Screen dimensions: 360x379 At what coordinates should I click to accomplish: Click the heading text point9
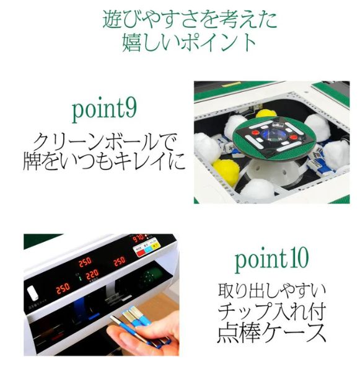pyautogui.click(x=104, y=110)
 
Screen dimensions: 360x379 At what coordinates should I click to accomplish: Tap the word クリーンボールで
pyautogui.click(x=104, y=141)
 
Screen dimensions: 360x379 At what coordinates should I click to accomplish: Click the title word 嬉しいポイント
pyautogui.click(x=189, y=42)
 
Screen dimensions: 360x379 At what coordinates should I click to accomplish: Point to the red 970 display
pyautogui.click(x=138, y=239)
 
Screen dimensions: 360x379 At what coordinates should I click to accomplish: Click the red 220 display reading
pyautogui.click(x=92, y=274)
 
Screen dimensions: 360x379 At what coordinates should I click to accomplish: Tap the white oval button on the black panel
pyautogui.click(x=33, y=293)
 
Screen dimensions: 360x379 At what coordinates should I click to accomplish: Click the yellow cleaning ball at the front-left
pyautogui.click(x=226, y=171)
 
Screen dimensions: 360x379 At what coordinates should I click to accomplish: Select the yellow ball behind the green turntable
pyautogui.click(x=266, y=114)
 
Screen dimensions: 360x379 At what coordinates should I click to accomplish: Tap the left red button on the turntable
pyautogui.click(x=256, y=133)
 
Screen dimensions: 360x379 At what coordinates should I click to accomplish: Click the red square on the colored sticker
pyautogui.click(x=140, y=253)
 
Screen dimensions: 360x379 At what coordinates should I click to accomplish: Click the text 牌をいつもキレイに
pyautogui.click(x=104, y=161)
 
